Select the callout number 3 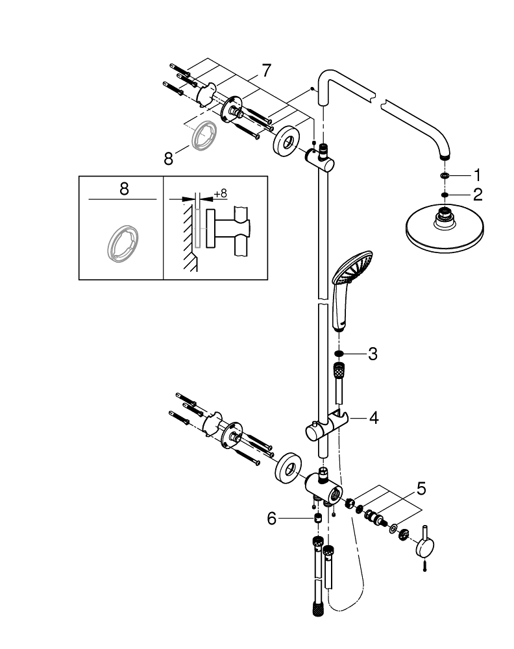[x=372, y=354]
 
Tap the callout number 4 [x=373, y=417]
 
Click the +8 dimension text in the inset [x=220, y=193]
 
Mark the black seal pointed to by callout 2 [x=444, y=193]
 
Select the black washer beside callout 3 [x=339, y=354]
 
